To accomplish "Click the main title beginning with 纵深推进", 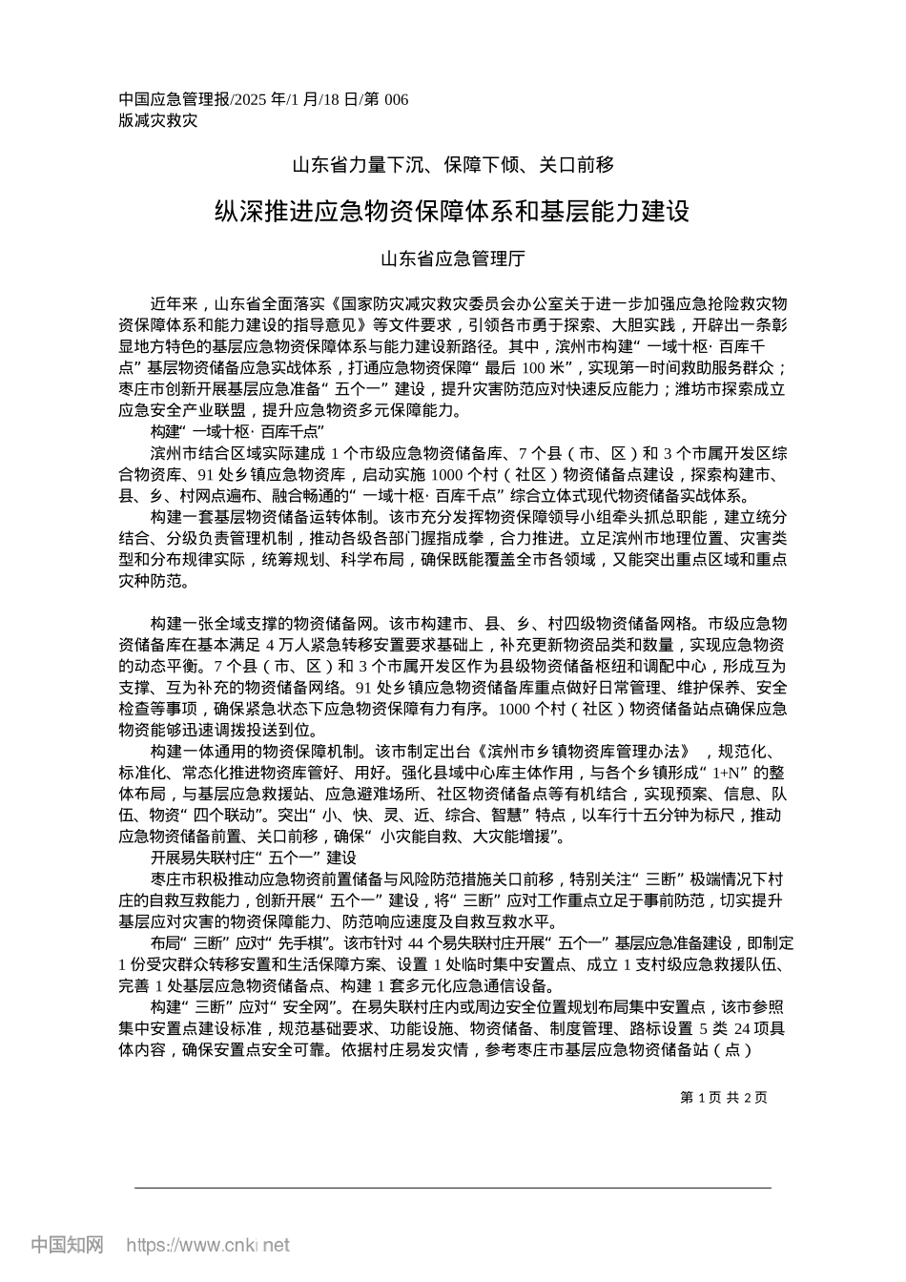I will pyautogui.click(x=453, y=211).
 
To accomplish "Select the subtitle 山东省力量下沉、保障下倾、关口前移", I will pyautogui.click(x=453, y=165).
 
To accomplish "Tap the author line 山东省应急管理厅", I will pyautogui.click(x=453, y=258).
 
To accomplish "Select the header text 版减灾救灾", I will pyautogui.click(x=158, y=121).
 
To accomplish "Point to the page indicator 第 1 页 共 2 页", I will pyautogui.click(x=724, y=1097).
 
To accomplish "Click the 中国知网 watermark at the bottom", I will pyautogui.click(x=67, y=1245).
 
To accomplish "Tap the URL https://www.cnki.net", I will pyautogui.click(x=208, y=1245).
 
